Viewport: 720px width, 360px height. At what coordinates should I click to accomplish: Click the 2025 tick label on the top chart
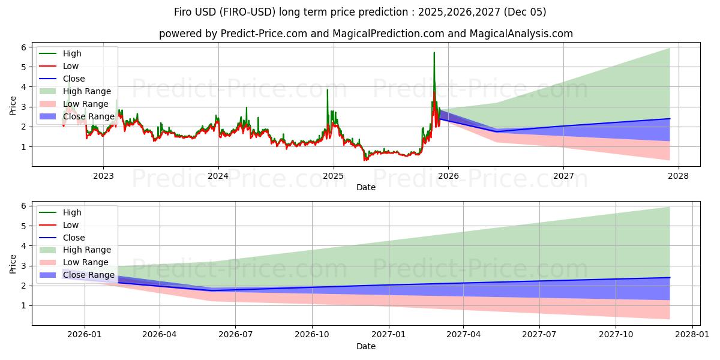[x=333, y=176]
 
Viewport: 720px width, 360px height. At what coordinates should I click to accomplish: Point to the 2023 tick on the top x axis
[x=103, y=176]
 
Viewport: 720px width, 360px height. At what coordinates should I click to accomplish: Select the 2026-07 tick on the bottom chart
[x=236, y=335]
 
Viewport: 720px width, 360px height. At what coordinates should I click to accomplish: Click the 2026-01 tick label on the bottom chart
[x=84, y=335]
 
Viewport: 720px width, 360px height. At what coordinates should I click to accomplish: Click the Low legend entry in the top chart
[x=71, y=66]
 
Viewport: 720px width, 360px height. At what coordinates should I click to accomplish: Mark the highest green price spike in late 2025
[x=434, y=53]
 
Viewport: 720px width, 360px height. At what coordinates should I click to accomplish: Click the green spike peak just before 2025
[x=327, y=90]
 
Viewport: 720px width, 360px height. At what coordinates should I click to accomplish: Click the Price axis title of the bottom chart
[x=13, y=263]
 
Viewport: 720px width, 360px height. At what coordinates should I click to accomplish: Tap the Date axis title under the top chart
[x=366, y=187]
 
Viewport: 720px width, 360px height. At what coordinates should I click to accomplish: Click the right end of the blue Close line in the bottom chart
[x=670, y=278]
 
